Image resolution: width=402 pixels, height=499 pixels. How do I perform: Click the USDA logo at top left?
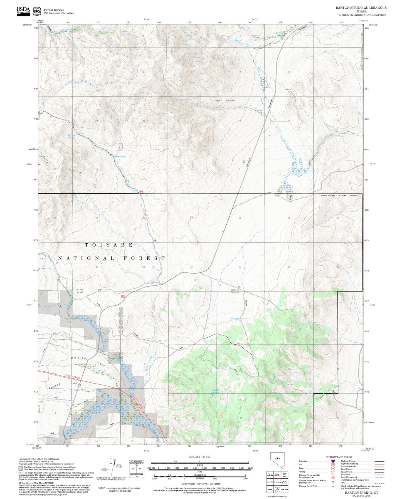(x=23, y=10)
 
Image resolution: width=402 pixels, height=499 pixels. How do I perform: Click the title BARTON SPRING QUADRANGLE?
(x=361, y=8)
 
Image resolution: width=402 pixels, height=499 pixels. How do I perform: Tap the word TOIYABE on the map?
(x=109, y=245)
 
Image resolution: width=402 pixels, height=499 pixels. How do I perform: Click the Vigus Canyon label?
(x=225, y=100)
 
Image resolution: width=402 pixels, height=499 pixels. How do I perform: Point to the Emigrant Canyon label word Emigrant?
(x=79, y=359)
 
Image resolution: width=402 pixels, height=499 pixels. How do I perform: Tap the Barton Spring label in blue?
(x=120, y=157)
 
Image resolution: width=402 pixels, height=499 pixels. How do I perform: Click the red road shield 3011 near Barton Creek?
(x=141, y=192)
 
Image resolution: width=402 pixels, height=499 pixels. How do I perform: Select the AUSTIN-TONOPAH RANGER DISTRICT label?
(x=339, y=196)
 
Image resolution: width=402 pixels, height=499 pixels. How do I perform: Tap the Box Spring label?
(x=235, y=319)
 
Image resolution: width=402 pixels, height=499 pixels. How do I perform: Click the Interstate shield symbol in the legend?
(x=333, y=461)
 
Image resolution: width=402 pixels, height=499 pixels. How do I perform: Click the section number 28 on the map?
(x=240, y=218)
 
